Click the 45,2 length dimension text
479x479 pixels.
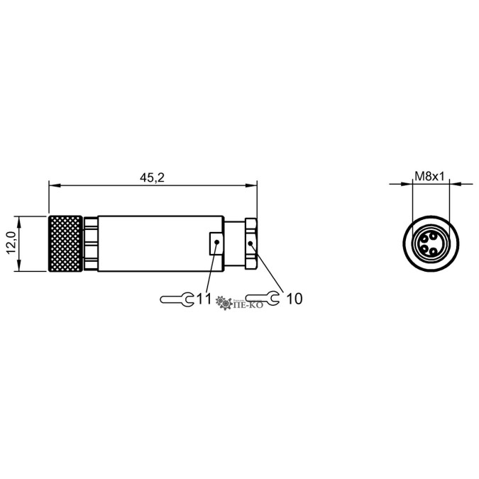[152, 177]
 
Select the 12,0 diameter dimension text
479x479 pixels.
[12, 243]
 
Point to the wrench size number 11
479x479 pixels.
[204, 299]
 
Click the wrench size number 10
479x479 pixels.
[294, 299]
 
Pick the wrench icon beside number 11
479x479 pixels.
[177, 299]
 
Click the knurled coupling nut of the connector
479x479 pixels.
[65, 243]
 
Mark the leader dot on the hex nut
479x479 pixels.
[250, 243]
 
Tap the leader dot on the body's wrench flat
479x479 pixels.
[217, 242]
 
